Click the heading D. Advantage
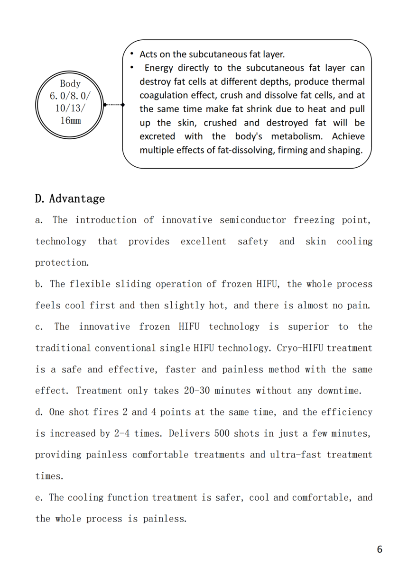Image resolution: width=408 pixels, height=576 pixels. coord(70,198)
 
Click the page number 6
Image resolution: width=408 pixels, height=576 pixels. coord(380,549)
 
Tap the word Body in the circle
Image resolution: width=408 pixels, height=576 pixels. coord(70,84)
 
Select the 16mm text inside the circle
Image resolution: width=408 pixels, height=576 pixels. coord(70,120)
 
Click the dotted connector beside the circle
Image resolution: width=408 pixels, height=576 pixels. coord(112,104)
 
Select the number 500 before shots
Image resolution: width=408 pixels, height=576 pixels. coord(223,433)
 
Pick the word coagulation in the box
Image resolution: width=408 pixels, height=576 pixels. coord(163,95)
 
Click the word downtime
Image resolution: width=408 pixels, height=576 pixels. coord(339,391)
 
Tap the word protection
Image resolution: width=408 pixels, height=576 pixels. coord(62,263)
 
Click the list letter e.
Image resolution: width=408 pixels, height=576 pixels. coord(38,498)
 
